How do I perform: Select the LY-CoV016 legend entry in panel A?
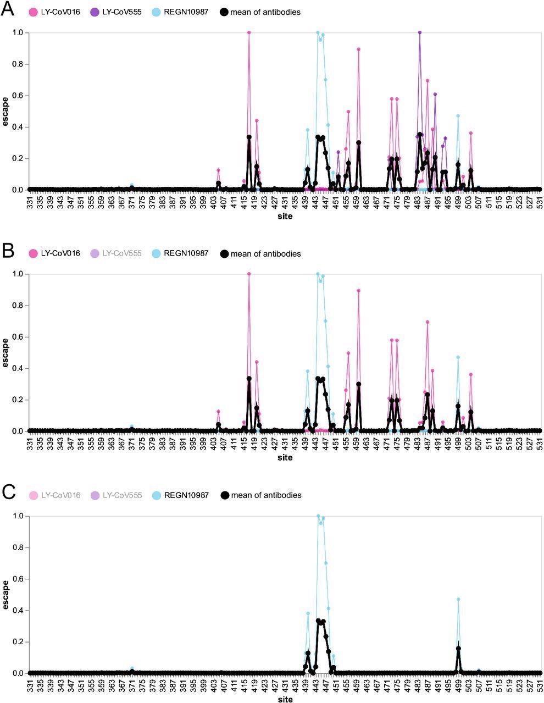55,12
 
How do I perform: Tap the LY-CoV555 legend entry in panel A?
116,12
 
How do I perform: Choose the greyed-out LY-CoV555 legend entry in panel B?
116,253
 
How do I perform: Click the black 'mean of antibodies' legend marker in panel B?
224,253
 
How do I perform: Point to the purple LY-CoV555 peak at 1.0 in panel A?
420,32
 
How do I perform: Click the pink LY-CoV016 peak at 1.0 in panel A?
249,32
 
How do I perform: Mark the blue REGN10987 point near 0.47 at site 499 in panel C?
458,599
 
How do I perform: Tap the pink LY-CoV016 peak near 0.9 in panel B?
358,290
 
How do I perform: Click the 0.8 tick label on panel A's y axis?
18,64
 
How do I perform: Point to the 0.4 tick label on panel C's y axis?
18,611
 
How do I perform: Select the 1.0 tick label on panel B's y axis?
18,274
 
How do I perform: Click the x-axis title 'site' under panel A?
285,216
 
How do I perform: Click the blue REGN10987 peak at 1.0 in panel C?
318,516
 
